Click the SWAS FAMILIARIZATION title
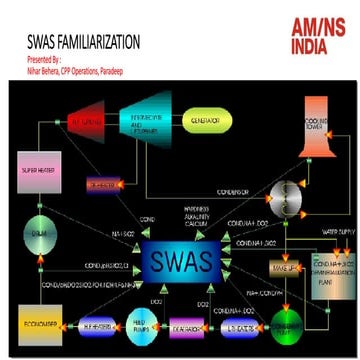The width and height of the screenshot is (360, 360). pyautogui.click(x=82, y=43)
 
